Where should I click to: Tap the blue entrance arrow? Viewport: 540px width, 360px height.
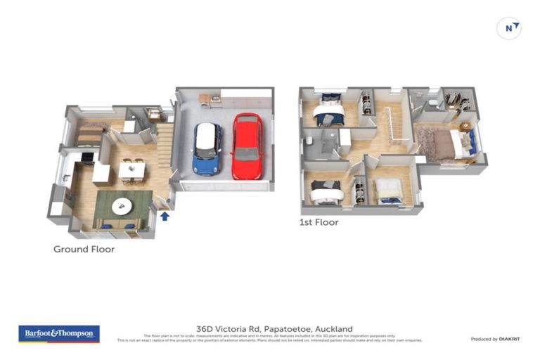click(x=165, y=216)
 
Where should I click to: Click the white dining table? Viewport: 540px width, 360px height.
click(x=131, y=169)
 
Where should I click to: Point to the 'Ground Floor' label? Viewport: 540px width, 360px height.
click(x=84, y=249)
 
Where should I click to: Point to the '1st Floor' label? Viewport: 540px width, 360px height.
click(x=319, y=222)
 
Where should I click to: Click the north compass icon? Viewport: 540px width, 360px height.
click(x=508, y=28)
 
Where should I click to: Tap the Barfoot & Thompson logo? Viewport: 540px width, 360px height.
click(x=59, y=333)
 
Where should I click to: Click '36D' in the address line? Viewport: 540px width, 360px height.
click(x=205, y=328)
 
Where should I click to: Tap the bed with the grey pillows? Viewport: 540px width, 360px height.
click(x=326, y=191)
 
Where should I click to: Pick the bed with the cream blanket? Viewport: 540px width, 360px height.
click(x=388, y=190)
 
